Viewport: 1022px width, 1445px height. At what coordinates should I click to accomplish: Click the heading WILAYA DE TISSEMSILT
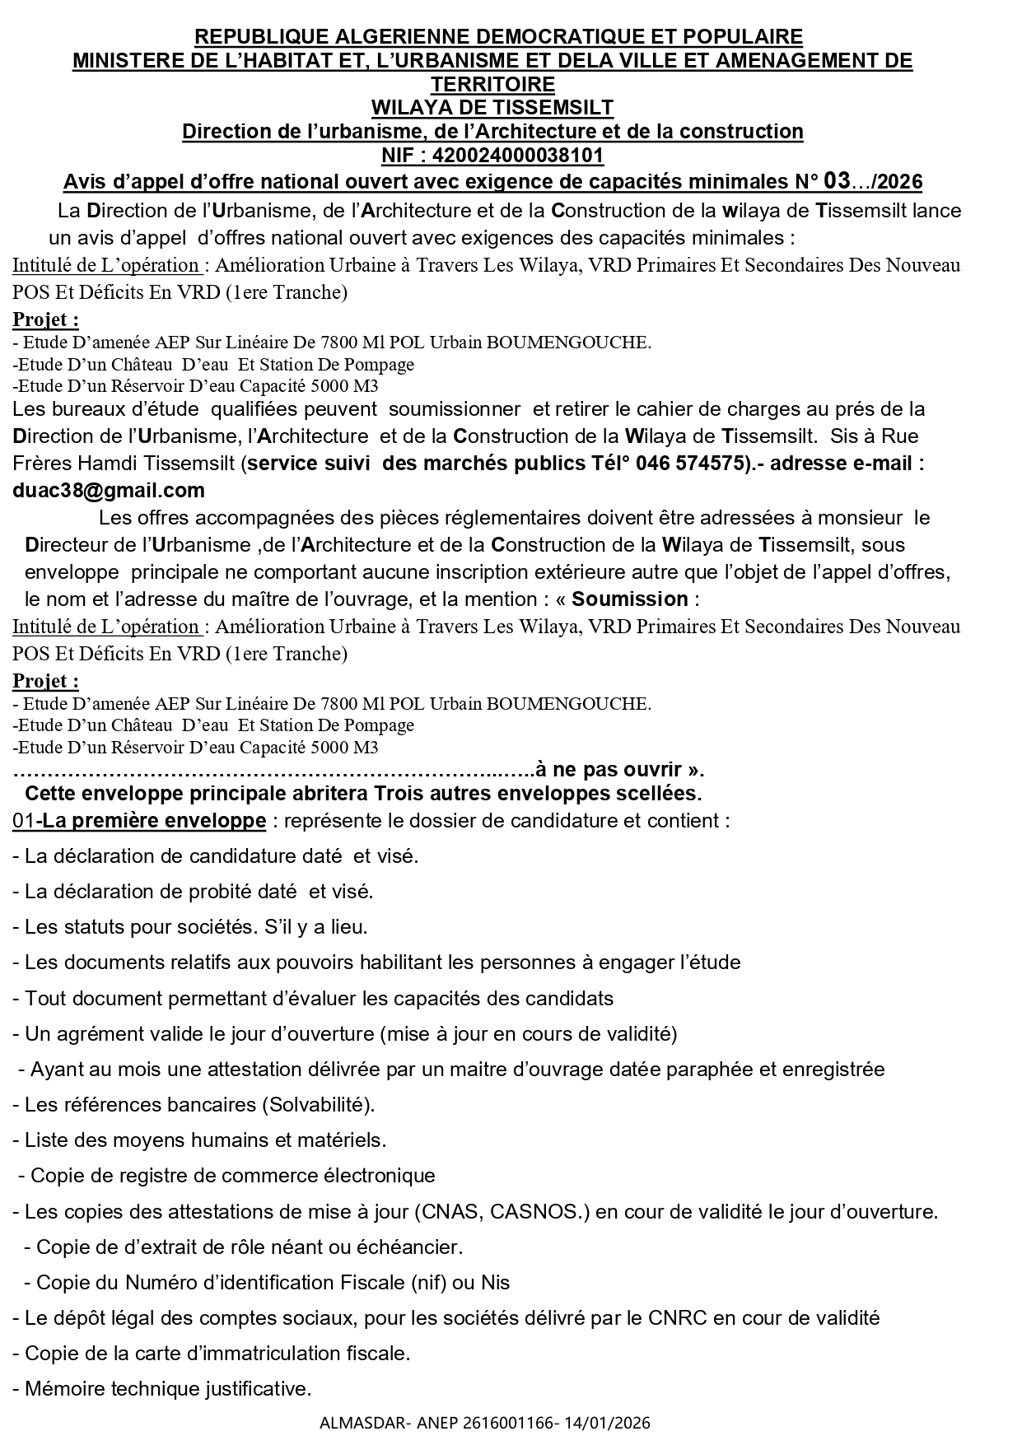(492, 108)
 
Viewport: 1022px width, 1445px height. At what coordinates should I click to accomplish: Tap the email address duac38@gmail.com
(109, 491)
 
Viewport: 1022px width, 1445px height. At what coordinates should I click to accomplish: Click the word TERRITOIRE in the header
(492, 84)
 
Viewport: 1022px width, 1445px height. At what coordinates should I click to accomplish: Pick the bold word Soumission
(630, 599)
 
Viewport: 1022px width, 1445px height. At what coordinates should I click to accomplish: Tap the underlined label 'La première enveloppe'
(154, 821)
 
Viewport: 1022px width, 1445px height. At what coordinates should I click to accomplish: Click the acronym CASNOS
(552, 1212)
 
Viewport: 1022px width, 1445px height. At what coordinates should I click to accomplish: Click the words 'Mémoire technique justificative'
(167, 1389)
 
